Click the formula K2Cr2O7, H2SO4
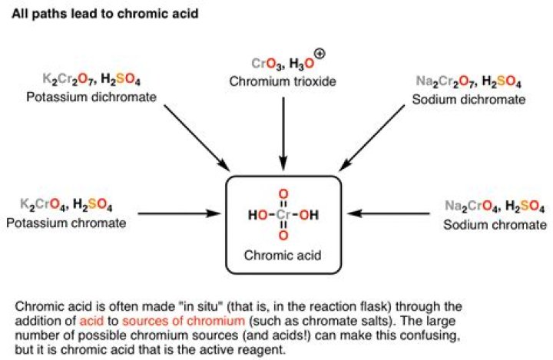(90, 79)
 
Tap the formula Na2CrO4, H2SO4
(495, 206)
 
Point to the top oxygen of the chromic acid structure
(283, 192)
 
